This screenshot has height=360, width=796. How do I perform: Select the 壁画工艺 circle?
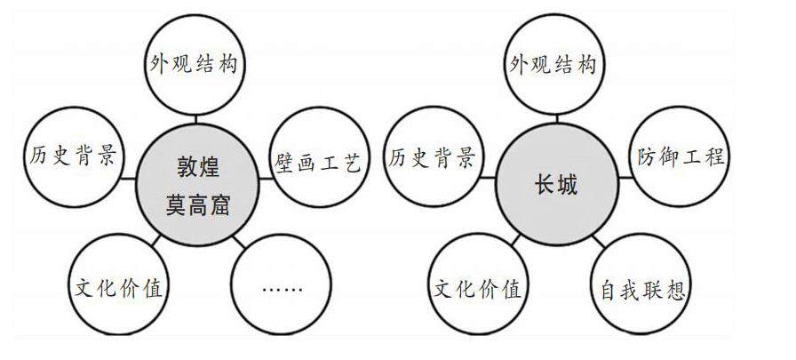(x=317, y=161)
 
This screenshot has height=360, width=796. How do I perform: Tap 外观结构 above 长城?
(x=553, y=65)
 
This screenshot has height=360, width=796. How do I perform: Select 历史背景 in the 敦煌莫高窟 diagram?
(x=70, y=157)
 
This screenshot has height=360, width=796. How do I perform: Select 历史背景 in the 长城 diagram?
(x=432, y=158)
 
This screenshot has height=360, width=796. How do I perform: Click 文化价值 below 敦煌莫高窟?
(x=119, y=288)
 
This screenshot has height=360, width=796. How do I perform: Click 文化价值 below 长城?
(x=479, y=288)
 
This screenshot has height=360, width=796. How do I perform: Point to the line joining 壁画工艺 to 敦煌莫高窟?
(x=265, y=175)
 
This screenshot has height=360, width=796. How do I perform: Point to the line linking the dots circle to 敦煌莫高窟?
(x=241, y=240)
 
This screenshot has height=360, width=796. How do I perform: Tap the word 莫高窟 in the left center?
(x=198, y=204)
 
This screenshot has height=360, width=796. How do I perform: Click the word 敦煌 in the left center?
(x=198, y=166)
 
